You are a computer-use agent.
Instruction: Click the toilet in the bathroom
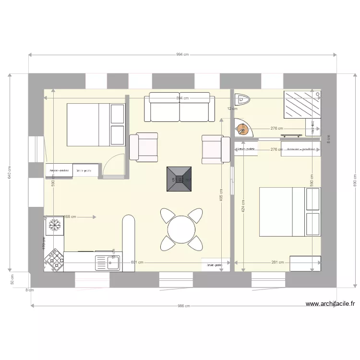[244, 99]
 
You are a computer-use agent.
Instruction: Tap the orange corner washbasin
[243, 129]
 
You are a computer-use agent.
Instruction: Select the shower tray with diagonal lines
[302, 104]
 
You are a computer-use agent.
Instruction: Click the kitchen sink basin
[103, 263]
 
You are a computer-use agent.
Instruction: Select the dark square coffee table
[180, 179]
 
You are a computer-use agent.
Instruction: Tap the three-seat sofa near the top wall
[180, 107]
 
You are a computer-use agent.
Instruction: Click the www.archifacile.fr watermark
[331, 303]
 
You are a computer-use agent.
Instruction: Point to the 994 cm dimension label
[182, 55]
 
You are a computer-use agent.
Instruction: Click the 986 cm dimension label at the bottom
[184, 306]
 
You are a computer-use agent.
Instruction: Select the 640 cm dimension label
[9, 173]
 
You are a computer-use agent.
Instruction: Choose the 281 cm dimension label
[278, 263]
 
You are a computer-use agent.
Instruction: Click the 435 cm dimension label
[221, 198]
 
